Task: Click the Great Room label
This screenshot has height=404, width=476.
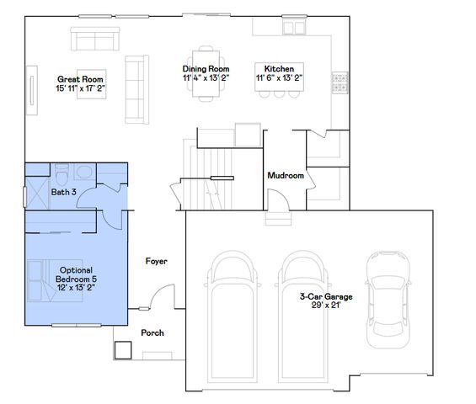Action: pos(74,82)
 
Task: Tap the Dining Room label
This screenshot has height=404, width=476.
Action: pos(206,73)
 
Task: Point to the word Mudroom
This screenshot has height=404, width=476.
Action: pos(285,176)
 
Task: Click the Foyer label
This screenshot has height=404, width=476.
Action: pos(156,262)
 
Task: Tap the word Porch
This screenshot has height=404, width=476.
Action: pos(152,332)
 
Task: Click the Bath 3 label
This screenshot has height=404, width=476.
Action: pos(63,193)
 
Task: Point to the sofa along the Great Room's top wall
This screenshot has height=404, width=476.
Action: pos(94,39)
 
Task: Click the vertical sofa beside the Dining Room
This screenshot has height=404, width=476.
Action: pos(135,88)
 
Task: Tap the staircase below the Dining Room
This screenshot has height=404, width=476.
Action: pos(207,160)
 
